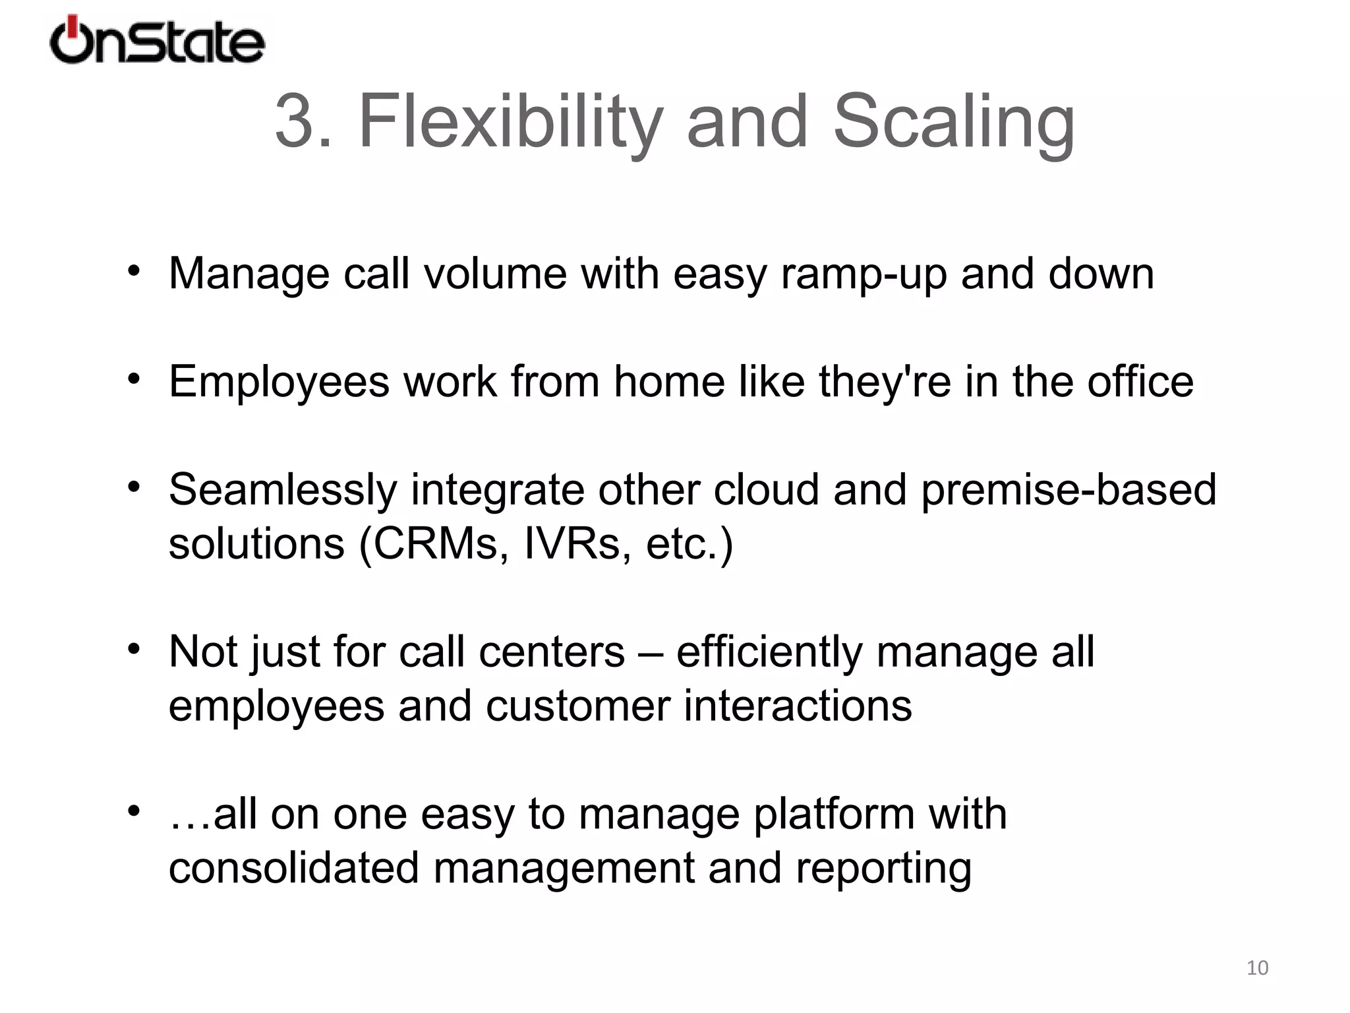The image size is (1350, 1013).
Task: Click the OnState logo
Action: tap(157, 41)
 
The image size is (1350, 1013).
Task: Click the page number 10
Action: tap(1257, 967)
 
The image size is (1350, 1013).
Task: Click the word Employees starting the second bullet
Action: tap(279, 383)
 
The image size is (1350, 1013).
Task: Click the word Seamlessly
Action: tap(283, 491)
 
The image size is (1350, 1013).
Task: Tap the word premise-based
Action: tap(1069, 491)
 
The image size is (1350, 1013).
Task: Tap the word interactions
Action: tap(798, 706)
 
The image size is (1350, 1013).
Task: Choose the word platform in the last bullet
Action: tap(834, 814)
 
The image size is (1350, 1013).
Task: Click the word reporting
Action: tap(883, 868)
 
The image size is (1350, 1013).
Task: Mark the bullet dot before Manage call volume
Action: tap(134, 271)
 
